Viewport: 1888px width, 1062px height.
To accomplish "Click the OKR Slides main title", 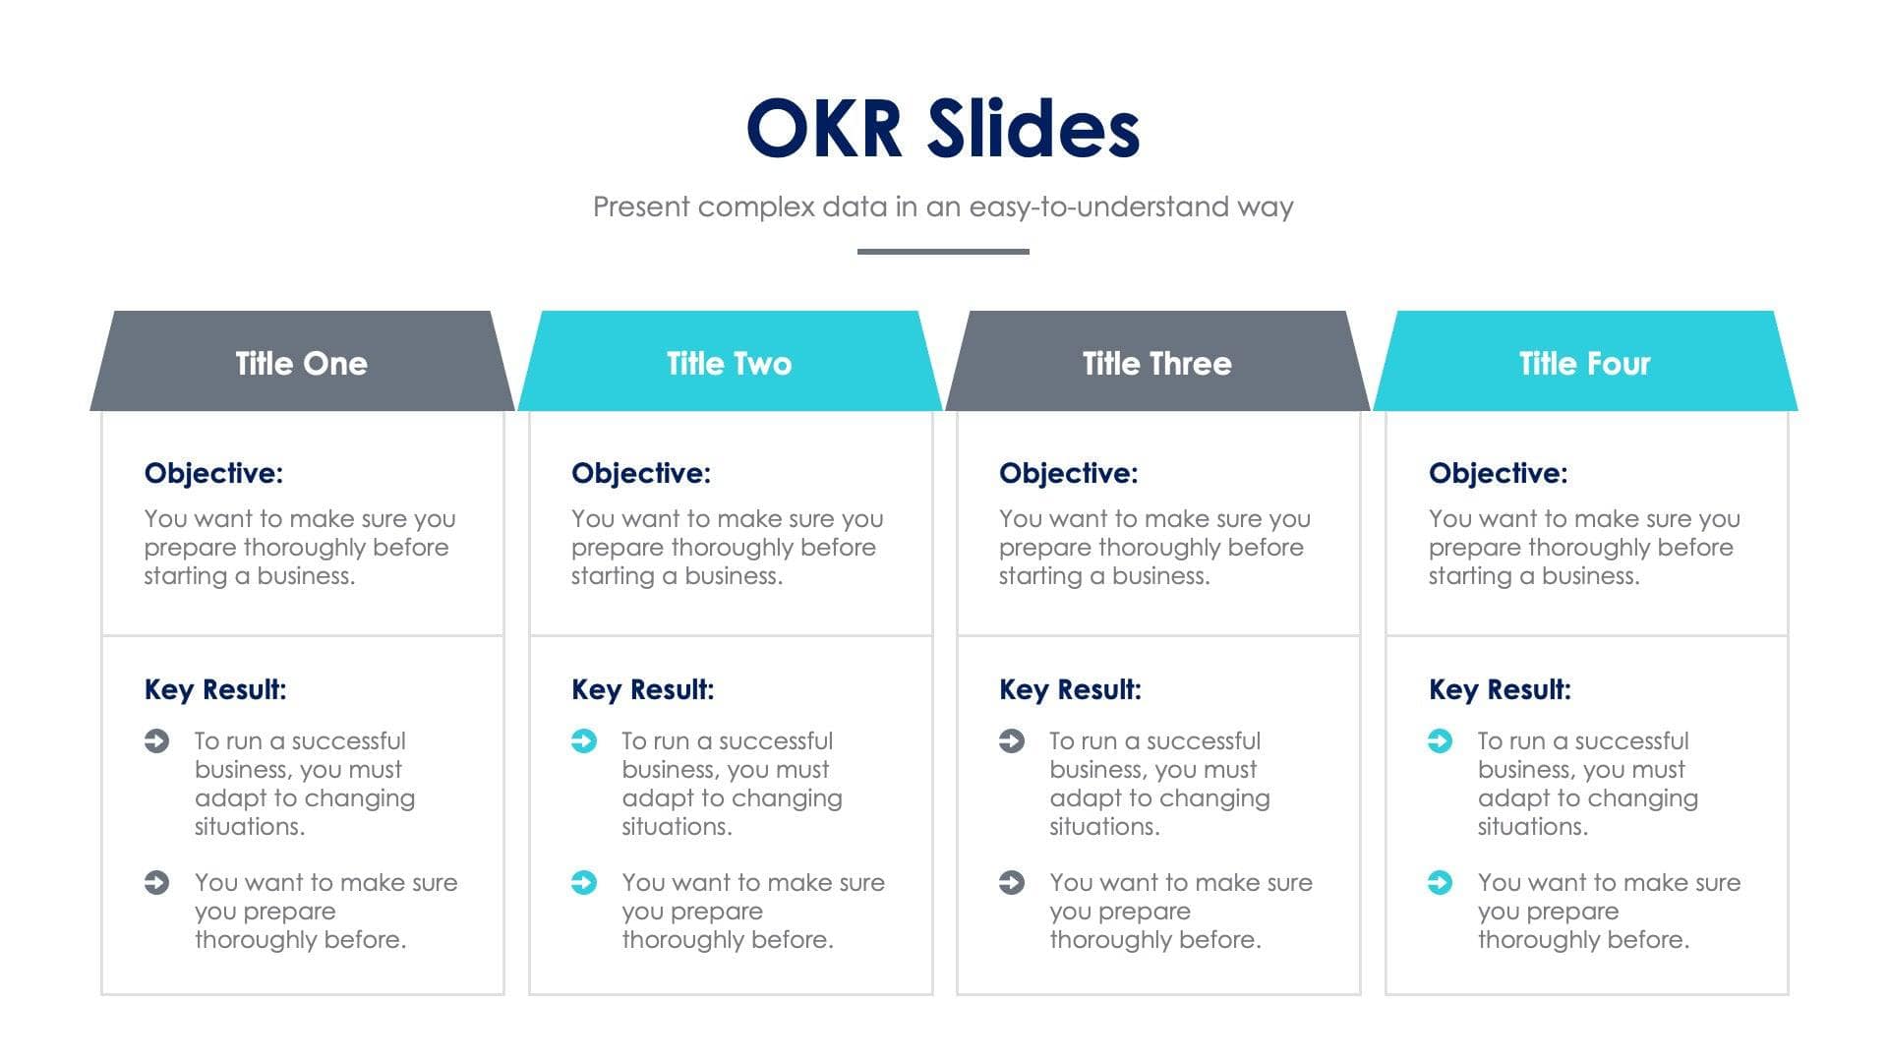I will click(943, 129).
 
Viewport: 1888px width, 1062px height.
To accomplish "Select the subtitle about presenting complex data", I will click(943, 206).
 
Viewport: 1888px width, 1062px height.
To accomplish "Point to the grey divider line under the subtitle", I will click(943, 252).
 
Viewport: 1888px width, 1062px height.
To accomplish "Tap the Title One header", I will click(301, 363).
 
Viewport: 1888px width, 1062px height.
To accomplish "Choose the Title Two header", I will click(729, 363).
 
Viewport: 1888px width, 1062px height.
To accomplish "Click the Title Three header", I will click(1156, 363).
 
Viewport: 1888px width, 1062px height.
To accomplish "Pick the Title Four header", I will click(1584, 363).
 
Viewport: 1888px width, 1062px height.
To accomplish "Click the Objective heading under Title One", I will click(213, 473).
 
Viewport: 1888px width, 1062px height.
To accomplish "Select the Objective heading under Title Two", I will click(641, 473).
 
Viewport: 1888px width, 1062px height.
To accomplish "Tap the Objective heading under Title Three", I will click(1069, 473).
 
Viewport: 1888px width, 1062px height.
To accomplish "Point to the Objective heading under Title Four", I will click(1498, 473).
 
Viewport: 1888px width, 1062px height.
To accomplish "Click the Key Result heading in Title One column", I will click(215, 689).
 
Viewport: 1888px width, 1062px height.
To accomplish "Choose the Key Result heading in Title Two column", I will click(643, 689).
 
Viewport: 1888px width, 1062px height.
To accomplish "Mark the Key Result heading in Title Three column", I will click(1070, 689).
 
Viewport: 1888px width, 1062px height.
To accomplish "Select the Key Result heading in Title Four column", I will click(1500, 689).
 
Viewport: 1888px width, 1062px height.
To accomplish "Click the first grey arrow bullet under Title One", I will click(156, 740).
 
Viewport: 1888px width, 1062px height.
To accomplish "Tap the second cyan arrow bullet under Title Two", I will click(583, 882).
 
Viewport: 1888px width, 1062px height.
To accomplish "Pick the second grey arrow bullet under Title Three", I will click(1011, 882).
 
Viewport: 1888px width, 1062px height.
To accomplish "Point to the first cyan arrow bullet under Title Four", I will click(1440, 740).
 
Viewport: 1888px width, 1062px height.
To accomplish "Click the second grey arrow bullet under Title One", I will click(156, 882).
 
